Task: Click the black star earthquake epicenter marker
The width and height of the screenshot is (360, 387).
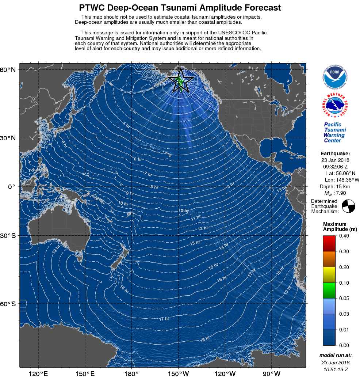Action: coord(181,80)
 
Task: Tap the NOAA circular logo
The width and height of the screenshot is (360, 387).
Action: coord(335,77)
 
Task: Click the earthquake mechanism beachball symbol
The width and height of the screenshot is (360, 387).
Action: coord(348,206)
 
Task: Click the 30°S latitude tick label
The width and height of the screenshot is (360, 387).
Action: coord(8,236)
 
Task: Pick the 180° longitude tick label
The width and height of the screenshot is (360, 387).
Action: coord(131,374)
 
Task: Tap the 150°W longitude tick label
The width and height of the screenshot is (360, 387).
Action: coord(178,374)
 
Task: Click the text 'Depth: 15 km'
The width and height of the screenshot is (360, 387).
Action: coord(335,187)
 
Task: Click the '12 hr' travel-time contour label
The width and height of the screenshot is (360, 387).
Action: coord(203,229)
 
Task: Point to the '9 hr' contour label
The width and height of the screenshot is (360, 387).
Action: coord(130,193)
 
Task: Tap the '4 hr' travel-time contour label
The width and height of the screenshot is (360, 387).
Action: coord(126,125)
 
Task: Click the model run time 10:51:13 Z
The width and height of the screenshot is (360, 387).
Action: coord(335,369)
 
